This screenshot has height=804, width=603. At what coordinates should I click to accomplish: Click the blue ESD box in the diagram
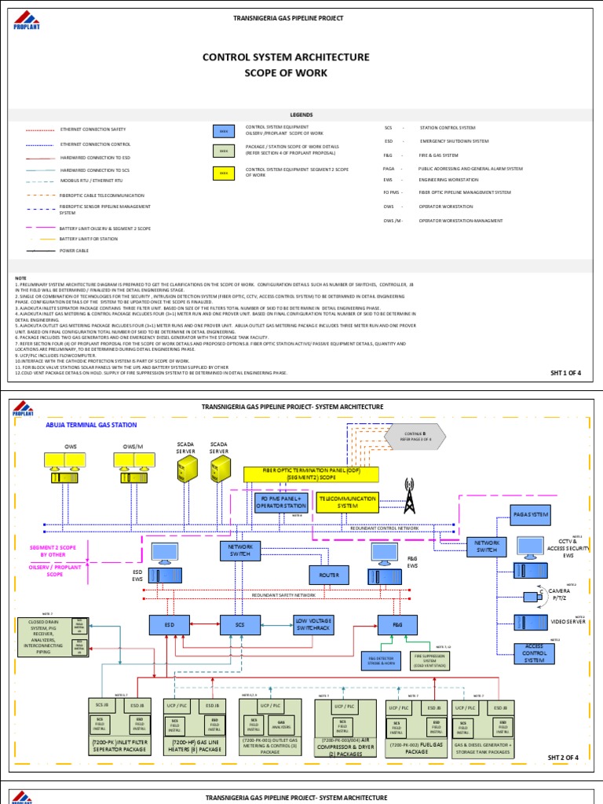click(x=168, y=624)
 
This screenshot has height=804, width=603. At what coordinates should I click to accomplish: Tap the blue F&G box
click(x=395, y=624)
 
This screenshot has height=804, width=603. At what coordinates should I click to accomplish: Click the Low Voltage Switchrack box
click(x=313, y=624)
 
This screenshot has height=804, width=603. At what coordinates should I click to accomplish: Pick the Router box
click(x=328, y=575)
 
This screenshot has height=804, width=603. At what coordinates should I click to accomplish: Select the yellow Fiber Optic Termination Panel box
click(x=311, y=473)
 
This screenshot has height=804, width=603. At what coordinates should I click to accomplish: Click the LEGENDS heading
click(x=301, y=114)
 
